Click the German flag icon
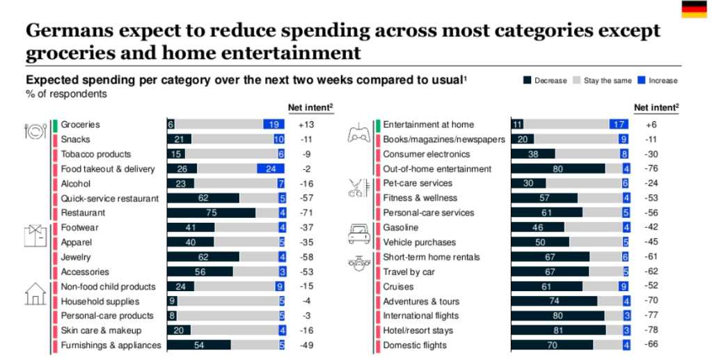[x=694, y=9]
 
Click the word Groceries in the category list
[x=81, y=125]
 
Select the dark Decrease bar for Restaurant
[x=211, y=213]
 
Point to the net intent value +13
[x=307, y=125]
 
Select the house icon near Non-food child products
[x=35, y=294]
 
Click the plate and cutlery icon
[x=35, y=132]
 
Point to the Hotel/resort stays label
[x=418, y=331]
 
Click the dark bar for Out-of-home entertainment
[x=558, y=169]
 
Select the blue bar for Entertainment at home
[x=619, y=125]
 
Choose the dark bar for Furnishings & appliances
[x=198, y=345]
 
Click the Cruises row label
[x=398, y=287]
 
